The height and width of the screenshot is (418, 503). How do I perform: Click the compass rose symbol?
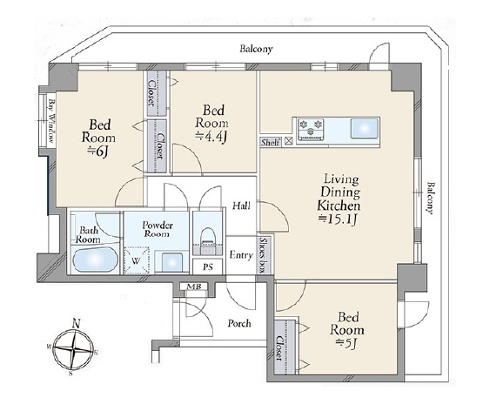74,348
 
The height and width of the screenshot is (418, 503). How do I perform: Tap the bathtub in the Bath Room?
94,260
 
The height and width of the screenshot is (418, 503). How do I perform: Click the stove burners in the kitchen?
310,127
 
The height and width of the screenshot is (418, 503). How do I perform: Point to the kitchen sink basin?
364,128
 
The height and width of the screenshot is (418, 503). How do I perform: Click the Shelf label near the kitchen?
270,142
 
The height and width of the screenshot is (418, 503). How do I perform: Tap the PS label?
208,266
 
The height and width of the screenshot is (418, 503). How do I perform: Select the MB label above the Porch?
194,287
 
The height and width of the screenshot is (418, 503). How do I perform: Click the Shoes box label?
264,255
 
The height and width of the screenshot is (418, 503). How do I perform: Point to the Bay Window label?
51,122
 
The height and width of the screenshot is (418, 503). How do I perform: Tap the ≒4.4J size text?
211,137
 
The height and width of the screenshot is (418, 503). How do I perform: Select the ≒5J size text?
346,343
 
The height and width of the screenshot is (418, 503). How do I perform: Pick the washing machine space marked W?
137,260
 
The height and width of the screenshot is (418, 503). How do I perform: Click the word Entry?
241,255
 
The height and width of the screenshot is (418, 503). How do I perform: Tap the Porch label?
239,323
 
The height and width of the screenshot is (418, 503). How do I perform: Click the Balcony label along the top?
257,49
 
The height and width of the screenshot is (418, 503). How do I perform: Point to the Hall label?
241,206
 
